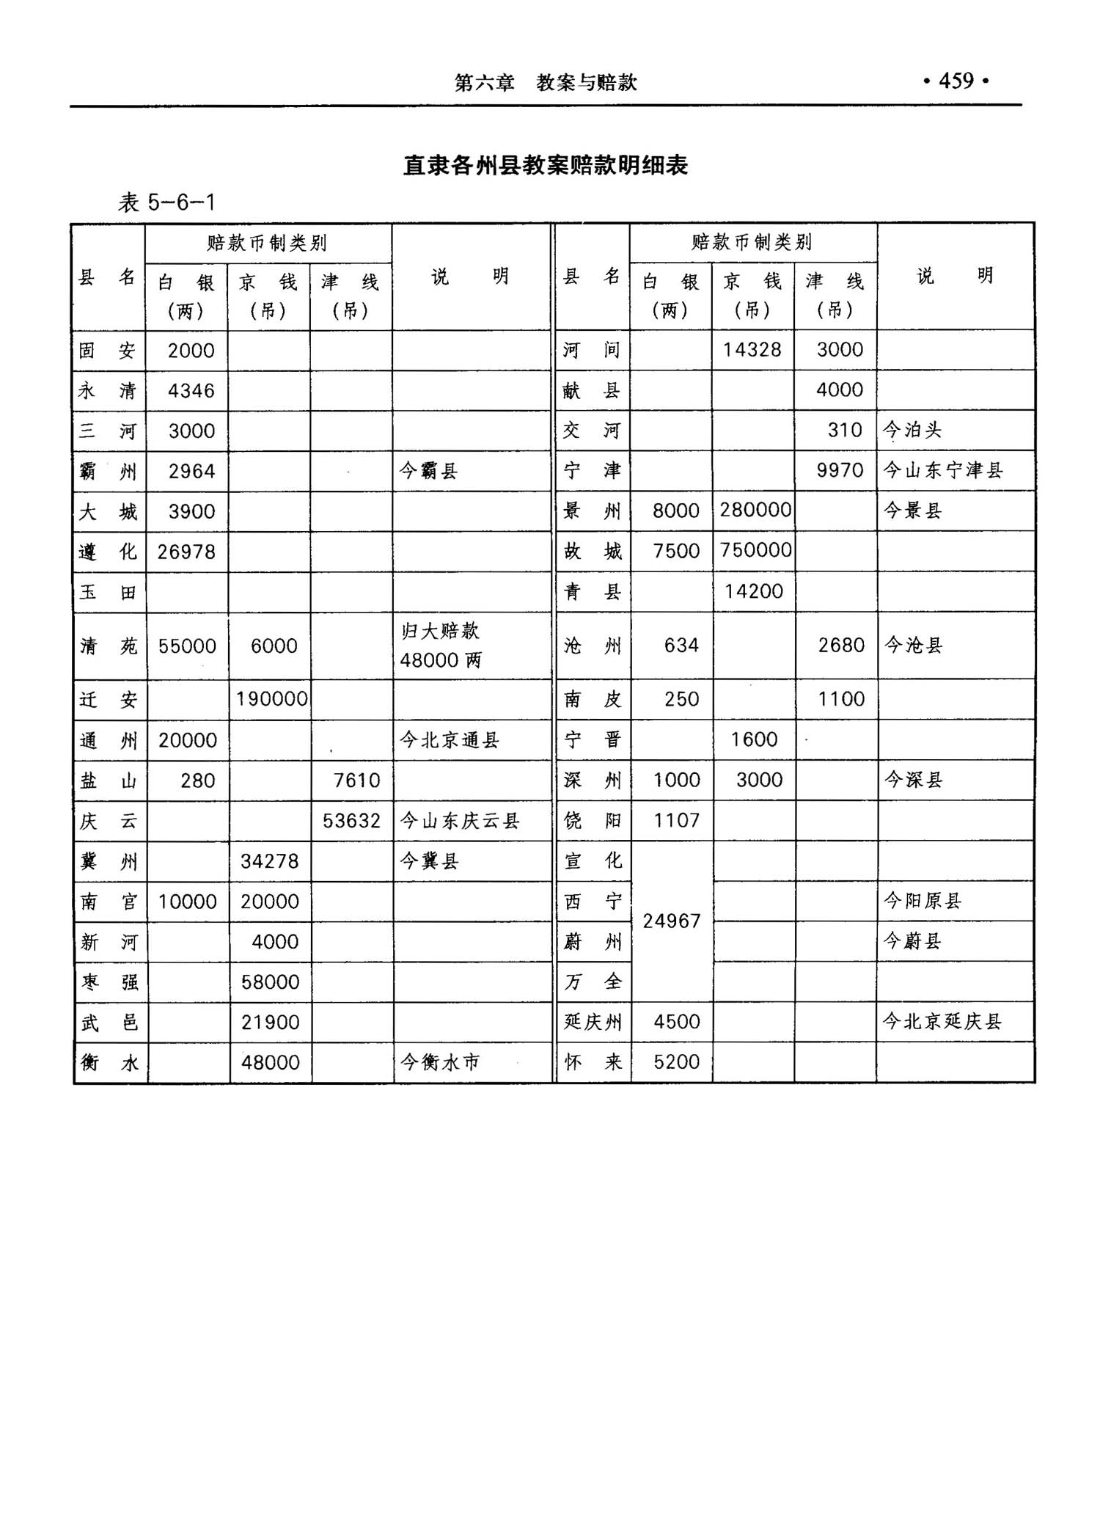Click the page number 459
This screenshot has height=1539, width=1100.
(x=956, y=81)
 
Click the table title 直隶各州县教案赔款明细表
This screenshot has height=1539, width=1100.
(x=546, y=166)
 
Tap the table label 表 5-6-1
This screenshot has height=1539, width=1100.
(x=166, y=202)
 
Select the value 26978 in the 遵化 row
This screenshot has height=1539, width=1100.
(x=186, y=552)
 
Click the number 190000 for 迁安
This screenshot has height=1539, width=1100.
(x=271, y=698)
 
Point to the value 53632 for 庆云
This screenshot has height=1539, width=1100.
(x=351, y=820)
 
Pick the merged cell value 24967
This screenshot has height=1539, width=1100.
(x=671, y=921)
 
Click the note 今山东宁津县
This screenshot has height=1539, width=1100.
(x=942, y=470)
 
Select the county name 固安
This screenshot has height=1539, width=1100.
(x=108, y=351)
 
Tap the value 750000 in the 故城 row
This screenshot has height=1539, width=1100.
(x=755, y=550)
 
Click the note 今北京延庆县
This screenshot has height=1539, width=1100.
(x=942, y=1021)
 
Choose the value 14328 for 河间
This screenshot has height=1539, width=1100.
(x=752, y=350)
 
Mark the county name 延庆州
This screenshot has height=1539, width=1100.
(x=593, y=1021)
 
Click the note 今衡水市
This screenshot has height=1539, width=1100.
(x=440, y=1061)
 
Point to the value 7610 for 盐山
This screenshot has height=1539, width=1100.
(x=356, y=780)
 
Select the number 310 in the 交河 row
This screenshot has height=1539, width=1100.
(x=844, y=430)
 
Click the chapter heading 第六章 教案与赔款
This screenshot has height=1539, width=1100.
(x=546, y=83)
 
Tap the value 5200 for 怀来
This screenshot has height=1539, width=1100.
(x=676, y=1061)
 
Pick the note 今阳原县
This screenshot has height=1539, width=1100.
(x=922, y=901)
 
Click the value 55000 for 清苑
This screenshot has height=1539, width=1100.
(x=187, y=646)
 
